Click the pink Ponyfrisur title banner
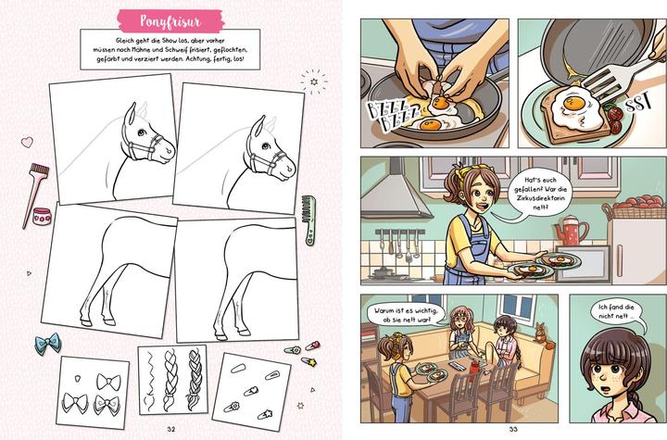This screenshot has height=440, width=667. click(x=170, y=21)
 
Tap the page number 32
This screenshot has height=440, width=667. click(x=171, y=429)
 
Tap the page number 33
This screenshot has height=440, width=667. click(x=513, y=429)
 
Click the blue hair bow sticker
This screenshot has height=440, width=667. click(x=48, y=343)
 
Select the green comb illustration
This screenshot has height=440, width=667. click(x=308, y=220)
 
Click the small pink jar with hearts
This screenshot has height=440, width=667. click(x=42, y=217)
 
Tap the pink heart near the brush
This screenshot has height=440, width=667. click(x=27, y=142)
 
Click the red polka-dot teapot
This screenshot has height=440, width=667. click(x=571, y=231)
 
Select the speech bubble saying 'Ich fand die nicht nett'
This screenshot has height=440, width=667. click(x=614, y=313)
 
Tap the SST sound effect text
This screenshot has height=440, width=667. click(x=638, y=105)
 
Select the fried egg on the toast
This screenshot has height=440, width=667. click(x=574, y=108)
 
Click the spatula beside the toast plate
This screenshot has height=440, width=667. click(x=615, y=82)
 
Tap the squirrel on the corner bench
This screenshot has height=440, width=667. click(x=541, y=334)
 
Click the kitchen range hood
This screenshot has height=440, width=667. click(x=395, y=191)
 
